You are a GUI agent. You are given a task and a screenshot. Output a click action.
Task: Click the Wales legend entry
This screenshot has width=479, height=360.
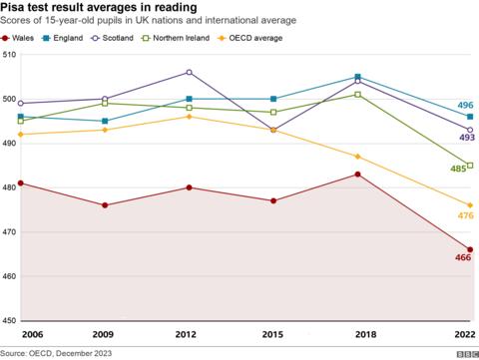22,37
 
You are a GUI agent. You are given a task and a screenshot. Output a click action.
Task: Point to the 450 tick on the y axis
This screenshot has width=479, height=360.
10,320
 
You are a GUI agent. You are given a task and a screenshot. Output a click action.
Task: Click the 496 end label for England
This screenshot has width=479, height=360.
465,106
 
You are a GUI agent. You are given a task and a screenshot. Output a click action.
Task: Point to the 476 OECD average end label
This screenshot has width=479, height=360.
465,215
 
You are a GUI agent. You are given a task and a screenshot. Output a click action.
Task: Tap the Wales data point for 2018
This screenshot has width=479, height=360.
357,175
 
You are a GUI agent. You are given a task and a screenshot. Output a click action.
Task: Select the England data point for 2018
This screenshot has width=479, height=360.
357,77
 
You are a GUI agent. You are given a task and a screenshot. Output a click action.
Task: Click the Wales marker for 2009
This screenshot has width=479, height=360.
105,205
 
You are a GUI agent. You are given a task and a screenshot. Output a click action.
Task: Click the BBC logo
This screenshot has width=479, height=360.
464,353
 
